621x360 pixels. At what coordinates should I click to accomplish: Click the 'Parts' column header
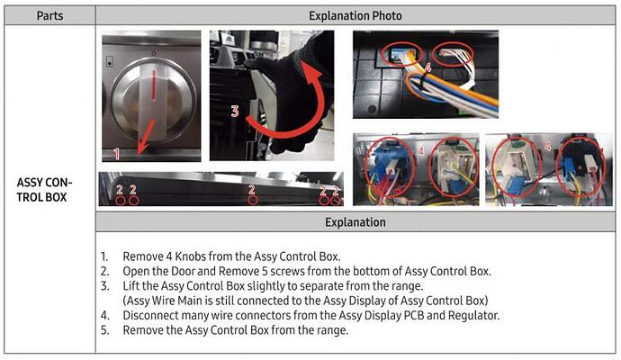(49, 15)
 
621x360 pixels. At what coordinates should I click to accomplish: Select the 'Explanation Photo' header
(357, 15)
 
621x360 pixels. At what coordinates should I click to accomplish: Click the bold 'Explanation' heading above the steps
(357, 222)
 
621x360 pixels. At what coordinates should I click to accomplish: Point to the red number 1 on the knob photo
(116, 154)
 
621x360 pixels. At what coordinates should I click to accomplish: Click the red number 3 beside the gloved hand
(234, 112)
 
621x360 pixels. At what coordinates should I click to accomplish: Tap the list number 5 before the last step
(104, 329)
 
